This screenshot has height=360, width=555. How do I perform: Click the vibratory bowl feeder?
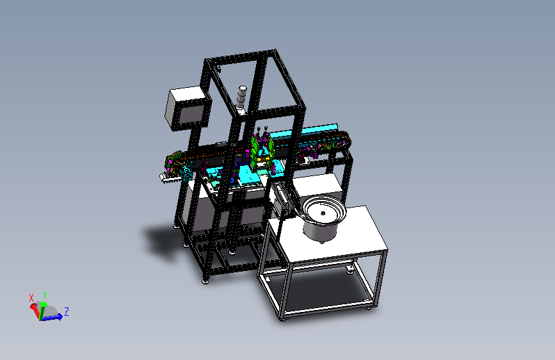[323, 218]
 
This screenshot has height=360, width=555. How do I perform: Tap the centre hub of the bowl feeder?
[323, 213]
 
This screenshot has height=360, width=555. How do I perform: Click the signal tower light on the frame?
[242, 100]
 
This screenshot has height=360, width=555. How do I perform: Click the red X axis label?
[31, 298]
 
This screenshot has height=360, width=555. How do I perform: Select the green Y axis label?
[45, 295]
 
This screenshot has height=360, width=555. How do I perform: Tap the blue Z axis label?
[66, 312]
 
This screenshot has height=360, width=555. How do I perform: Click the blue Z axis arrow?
[52, 318]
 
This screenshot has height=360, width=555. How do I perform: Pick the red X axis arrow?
[35, 309]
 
